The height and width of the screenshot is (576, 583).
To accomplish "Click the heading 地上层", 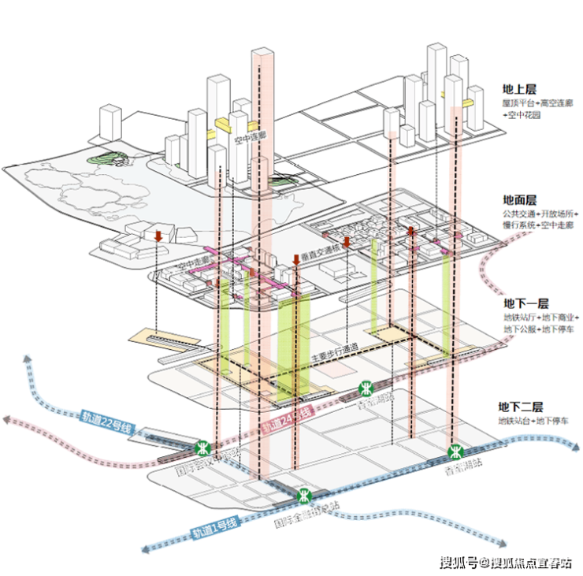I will pyautogui.click(x=521, y=90).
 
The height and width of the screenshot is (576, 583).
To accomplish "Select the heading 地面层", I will pyautogui.click(x=519, y=201).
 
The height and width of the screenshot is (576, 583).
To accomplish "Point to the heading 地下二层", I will pyautogui.click(x=521, y=407).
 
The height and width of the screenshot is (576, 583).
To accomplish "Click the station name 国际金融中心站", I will pyautogui.click(x=306, y=513).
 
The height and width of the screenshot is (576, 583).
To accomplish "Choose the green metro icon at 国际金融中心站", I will pyautogui.click(x=305, y=496).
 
